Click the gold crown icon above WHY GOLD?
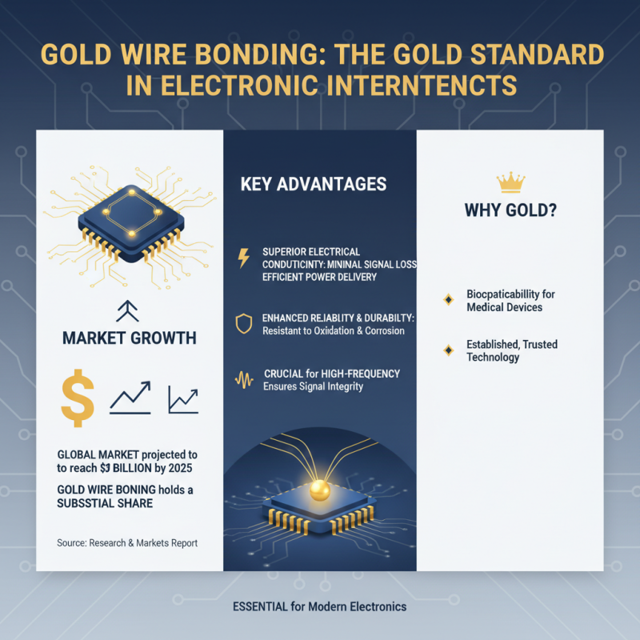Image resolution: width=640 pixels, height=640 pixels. (510, 183)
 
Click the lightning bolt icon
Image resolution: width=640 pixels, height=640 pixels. (244, 258)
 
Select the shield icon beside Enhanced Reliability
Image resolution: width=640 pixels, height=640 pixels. (244, 324)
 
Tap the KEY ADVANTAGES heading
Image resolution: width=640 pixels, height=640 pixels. (313, 184)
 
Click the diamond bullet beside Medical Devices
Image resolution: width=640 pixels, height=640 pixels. (448, 300)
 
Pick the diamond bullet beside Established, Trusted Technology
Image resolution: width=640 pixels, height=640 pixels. (448, 350)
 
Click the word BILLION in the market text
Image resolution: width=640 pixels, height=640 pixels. (146, 468)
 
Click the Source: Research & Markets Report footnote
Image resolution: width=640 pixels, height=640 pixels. (127, 543)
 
